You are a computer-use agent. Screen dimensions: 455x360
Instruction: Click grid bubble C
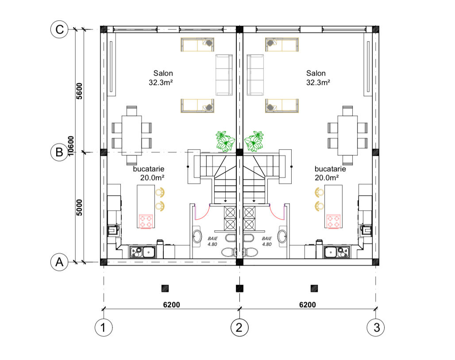pos(59,29)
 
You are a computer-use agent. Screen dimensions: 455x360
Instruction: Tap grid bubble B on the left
pos(59,152)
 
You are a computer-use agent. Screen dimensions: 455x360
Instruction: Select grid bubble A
pos(59,262)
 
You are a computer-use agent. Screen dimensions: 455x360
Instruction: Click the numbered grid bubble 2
pos(239,328)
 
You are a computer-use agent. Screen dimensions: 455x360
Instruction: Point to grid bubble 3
pos(376,328)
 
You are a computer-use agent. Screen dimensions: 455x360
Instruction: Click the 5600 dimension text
pos(79,91)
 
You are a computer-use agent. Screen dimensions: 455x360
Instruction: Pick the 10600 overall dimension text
pos(71,146)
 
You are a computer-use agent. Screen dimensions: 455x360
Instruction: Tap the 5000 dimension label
pos(79,208)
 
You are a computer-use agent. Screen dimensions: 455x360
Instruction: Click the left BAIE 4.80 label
pos(212,241)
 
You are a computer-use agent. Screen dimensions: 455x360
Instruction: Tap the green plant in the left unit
pos(225,141)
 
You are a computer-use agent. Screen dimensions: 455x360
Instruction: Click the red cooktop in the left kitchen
pos(146,221)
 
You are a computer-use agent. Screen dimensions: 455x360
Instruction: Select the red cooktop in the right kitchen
pos(333,221)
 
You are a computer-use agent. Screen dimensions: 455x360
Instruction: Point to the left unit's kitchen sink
pos(143,252)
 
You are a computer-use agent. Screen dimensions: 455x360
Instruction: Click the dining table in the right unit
pos(347,135)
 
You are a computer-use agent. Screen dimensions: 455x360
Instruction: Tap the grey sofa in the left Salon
pos(224,75)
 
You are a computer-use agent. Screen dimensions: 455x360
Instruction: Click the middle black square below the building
pos(240,288)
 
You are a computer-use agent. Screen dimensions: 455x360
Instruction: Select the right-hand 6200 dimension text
pos(308,305)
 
